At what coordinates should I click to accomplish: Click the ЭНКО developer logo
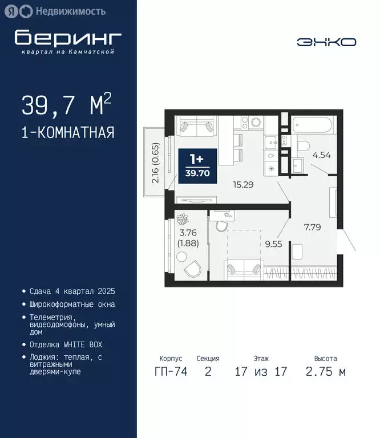(x=326, y=42)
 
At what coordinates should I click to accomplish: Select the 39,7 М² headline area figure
(x=67, y=105)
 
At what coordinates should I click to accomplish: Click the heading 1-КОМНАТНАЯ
(x=68, y=133)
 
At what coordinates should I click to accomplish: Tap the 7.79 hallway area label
(x=312, y=226)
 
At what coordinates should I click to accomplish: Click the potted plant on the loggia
(x=183, y=219)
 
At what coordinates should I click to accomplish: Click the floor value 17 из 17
(x=261, y=372)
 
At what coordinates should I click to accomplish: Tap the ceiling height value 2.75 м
(x=326, y=372)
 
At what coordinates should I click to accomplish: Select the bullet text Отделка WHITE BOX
(x=69, y=344)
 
